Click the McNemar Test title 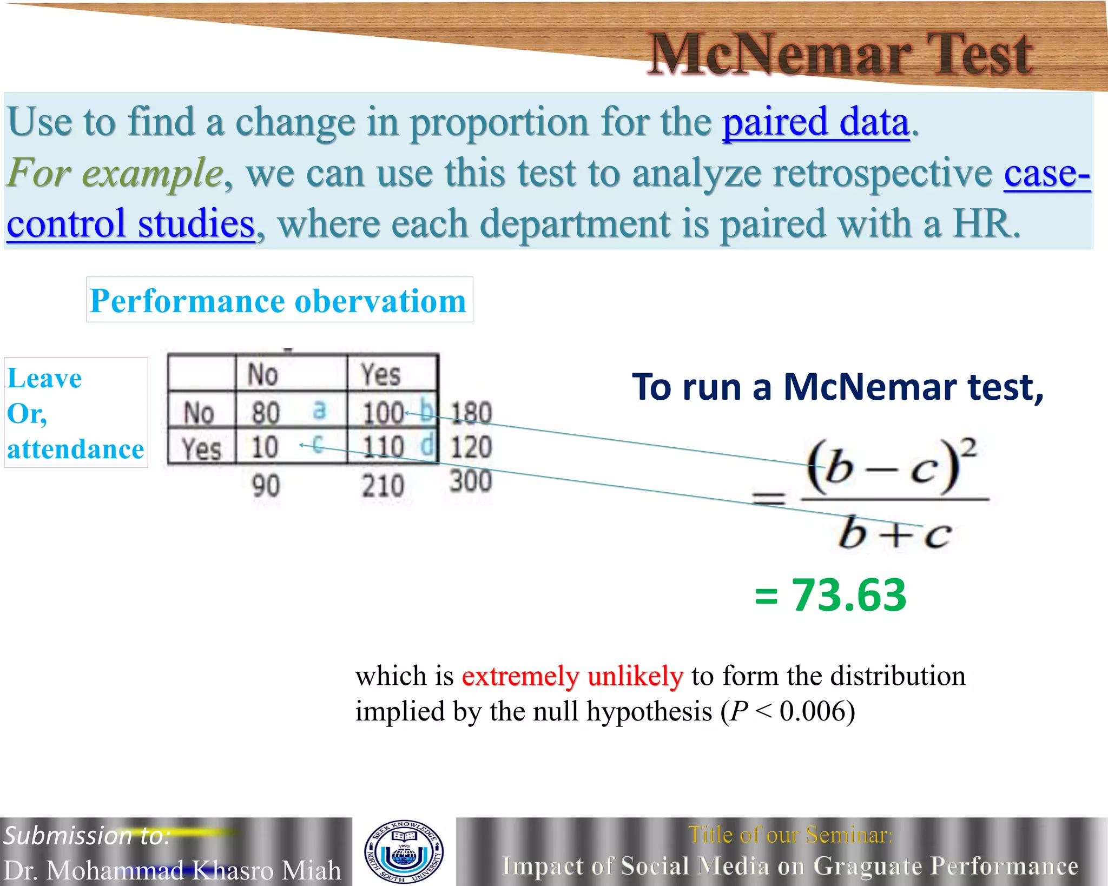coord(841,54)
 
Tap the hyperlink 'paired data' coord(816,122)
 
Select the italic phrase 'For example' coord(115,173)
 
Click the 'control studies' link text coord(130,223)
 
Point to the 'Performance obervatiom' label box coord(279,300)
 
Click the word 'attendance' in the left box coord(76,449)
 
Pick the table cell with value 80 coord(266,413)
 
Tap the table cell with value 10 coord(265,447)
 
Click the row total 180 coord(471,413)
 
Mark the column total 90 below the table coord(266,485)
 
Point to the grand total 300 coord(471,481)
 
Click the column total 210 coord(383,485)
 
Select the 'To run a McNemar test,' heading coord(837,387)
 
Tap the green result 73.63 coord(849,595)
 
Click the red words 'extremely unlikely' coord(572,676)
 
